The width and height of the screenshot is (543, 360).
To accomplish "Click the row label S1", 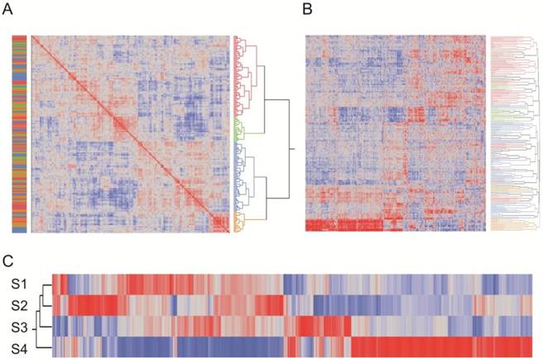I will click(19, 283).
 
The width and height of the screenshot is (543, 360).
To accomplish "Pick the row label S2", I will click(19, 305).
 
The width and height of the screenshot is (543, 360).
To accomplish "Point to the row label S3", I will click(19, 325).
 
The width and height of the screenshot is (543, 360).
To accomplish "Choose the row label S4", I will click(19, 346).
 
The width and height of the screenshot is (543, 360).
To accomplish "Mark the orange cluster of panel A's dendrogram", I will click(240, 221).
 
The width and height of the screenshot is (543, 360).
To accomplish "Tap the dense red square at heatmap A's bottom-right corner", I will click(219, 223).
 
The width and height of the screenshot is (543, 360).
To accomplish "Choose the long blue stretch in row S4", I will click(132, 346).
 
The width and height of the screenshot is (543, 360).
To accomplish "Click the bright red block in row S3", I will click(323, 325).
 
